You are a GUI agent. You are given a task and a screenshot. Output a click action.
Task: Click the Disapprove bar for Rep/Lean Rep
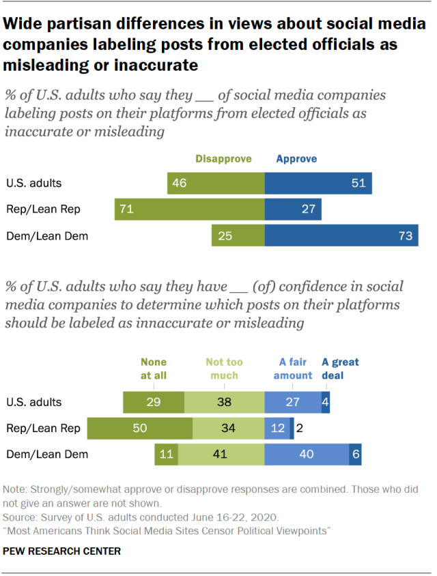click(189, 210)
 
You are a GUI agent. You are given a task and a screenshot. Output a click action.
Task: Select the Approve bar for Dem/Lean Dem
click(341, 235)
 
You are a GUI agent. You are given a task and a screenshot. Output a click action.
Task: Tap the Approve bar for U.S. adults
click(318, 183)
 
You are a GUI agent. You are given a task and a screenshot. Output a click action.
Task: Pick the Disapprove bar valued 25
click(238, 235)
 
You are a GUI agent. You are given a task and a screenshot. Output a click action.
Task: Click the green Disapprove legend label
click(223, 159)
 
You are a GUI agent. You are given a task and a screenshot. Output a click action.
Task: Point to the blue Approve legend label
click(296, 159)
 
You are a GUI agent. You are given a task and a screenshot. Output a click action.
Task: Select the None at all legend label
click(154, 369)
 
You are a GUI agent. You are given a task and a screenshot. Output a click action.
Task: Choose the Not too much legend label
click(224, 369)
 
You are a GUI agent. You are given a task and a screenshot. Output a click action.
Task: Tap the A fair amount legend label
click(293, 369)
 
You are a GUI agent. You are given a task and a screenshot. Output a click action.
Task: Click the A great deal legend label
click(340, 369)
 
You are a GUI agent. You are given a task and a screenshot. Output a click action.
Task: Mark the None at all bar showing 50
click(158, 428)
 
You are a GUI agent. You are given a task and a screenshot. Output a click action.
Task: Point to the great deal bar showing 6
click(355, 454)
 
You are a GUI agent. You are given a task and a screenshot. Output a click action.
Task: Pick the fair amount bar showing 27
click(292, 403)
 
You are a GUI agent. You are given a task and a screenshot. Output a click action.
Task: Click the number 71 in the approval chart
click(125, 210)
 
